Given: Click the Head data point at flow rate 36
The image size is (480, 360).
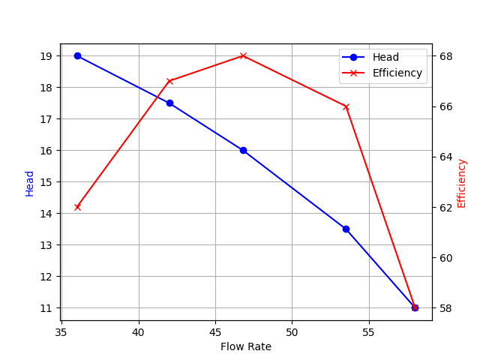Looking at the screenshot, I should (x=77, y=55).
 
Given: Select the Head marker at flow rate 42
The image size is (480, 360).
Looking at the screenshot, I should (x=169, y=103).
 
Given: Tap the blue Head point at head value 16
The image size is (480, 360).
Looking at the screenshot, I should (x=243, y=150).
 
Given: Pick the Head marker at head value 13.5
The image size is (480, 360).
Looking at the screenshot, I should (x=346, y=229).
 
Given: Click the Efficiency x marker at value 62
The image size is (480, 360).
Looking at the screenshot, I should (x=77, y=207).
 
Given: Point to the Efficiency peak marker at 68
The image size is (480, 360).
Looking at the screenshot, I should (x=243, y=55).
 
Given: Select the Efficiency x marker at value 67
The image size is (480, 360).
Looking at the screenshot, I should (x=169, y=81).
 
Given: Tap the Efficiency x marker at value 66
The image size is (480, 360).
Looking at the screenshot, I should (x=346, y=106).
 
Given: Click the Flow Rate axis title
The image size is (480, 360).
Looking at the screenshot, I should (x=246, y=346).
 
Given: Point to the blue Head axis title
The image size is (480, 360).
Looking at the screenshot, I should (x=30, y=183).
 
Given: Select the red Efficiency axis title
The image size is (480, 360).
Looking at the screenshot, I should (x=462, y=183).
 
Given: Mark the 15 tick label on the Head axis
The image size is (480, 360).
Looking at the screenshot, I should (x=47, y=182).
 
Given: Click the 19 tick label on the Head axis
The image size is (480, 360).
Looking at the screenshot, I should (x=47, y=56).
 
